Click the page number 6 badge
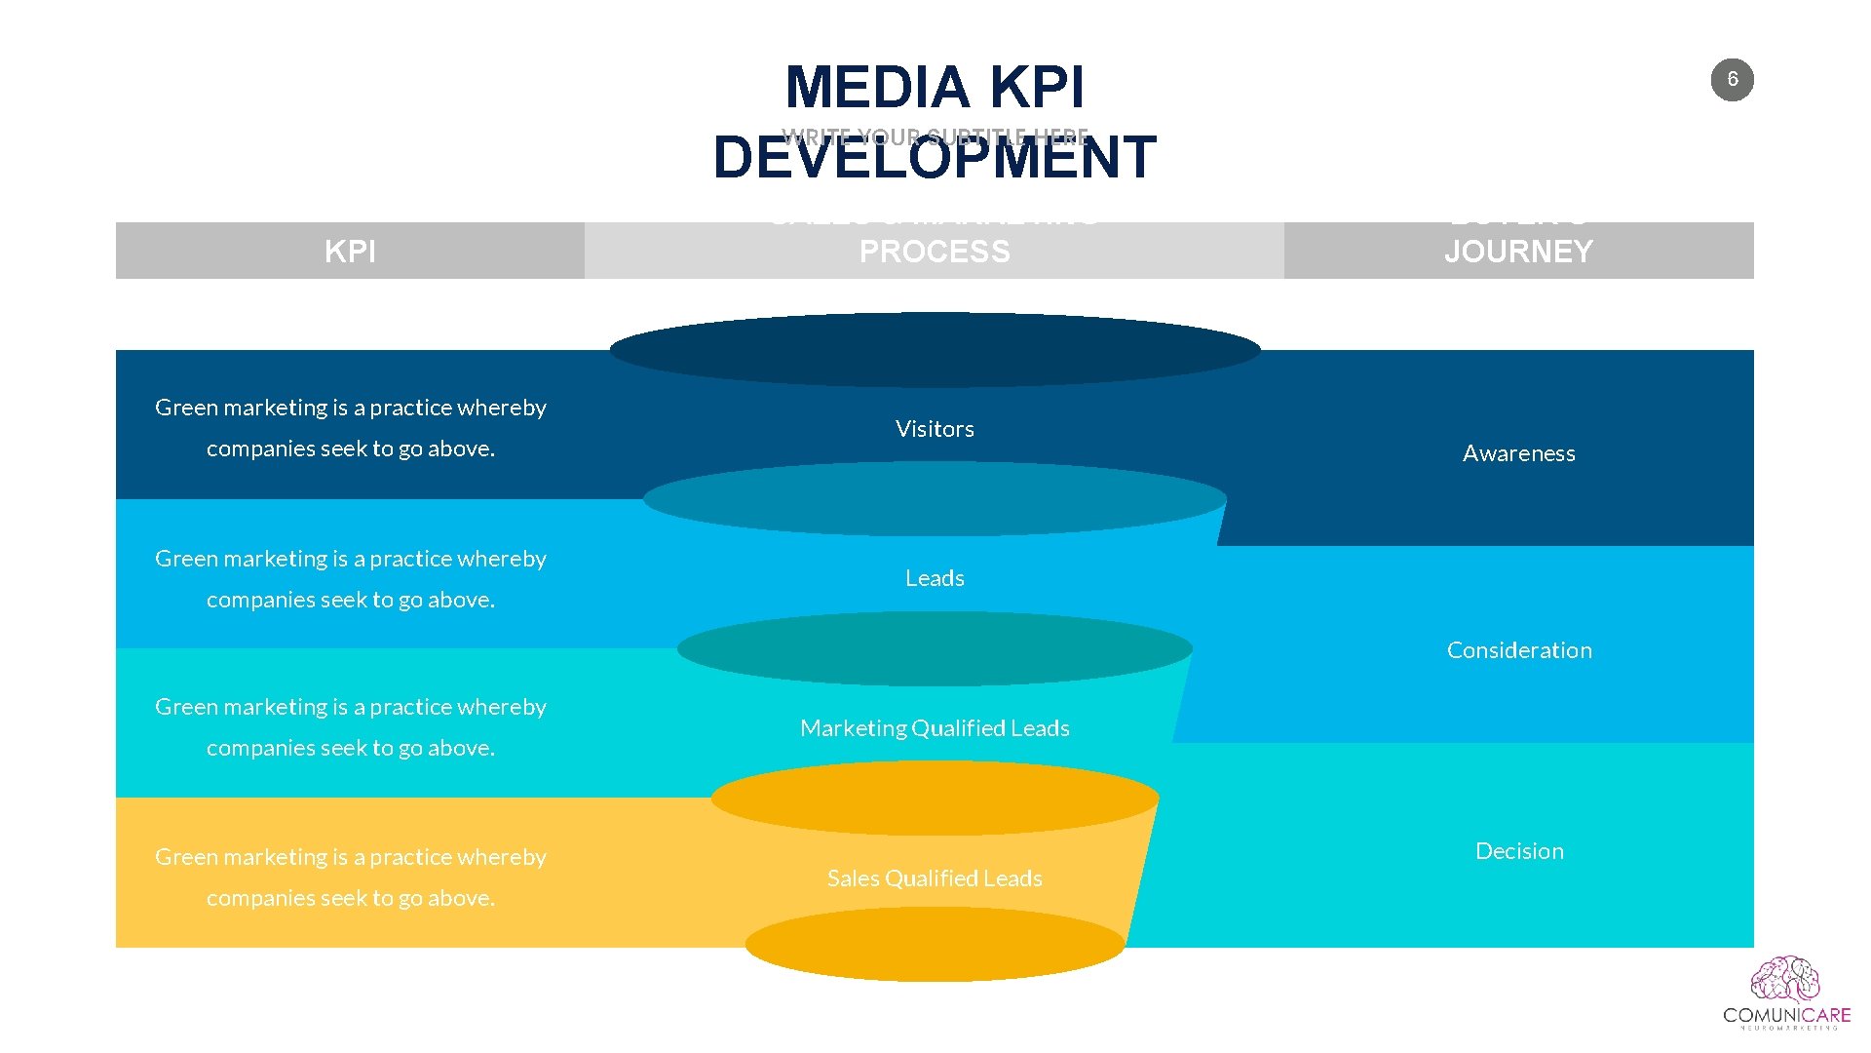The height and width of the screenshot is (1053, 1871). pos(1732,80)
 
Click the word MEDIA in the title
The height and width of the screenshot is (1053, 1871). pos(876,88)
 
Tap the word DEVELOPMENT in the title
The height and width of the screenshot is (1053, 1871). pos(935,159)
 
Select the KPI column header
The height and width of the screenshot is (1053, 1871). pos(350,252)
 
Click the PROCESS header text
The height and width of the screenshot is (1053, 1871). pos(935,252)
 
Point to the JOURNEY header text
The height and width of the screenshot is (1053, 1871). pos(1518,252)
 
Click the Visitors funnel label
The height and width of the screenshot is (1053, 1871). pos(935,429)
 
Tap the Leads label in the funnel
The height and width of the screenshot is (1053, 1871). pos(935,578)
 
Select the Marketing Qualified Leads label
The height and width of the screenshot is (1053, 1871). pos(935,728)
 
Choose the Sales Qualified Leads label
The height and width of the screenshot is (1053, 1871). pos(935,878)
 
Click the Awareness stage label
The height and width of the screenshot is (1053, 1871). pos(1518,453)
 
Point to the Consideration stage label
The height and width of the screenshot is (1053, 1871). pos(1518,650)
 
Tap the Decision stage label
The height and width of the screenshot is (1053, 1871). pos(1518,851)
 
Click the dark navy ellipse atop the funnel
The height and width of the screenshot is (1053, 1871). pos(935,349)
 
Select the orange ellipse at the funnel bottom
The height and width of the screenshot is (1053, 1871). pos(935,945)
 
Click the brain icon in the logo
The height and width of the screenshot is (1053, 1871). pos(1784,980)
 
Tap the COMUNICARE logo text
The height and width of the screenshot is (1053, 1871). pos(1786,1016)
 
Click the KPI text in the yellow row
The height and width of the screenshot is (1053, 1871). pos(350,877)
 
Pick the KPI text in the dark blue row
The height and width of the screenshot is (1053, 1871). pos(350,427)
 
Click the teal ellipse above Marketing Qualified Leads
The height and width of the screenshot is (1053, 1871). pos(935,648)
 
